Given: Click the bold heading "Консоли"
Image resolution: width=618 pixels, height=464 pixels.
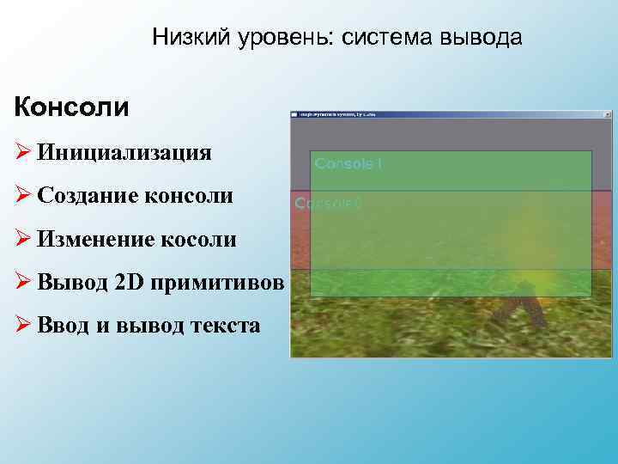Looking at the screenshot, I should [x=71, y=108].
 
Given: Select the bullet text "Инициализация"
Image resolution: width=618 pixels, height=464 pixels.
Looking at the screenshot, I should [x=124, y=153].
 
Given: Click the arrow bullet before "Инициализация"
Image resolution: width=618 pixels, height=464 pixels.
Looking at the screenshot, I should [x=22, y=153].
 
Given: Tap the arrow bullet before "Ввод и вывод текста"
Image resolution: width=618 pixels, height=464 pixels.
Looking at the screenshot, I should [x=22, y=325].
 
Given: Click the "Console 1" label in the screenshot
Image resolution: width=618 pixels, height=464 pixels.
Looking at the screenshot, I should [x=348, y=163].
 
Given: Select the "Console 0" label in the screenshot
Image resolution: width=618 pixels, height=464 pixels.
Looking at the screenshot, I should [x=328, y=204].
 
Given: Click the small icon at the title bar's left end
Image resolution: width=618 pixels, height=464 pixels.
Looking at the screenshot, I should [x=294, y=113].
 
